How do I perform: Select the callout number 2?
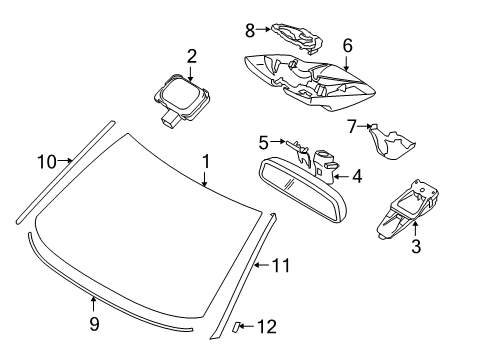190,56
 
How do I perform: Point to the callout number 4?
357,178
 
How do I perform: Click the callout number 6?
347,45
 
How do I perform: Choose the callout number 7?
351,126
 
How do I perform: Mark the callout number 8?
250,30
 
